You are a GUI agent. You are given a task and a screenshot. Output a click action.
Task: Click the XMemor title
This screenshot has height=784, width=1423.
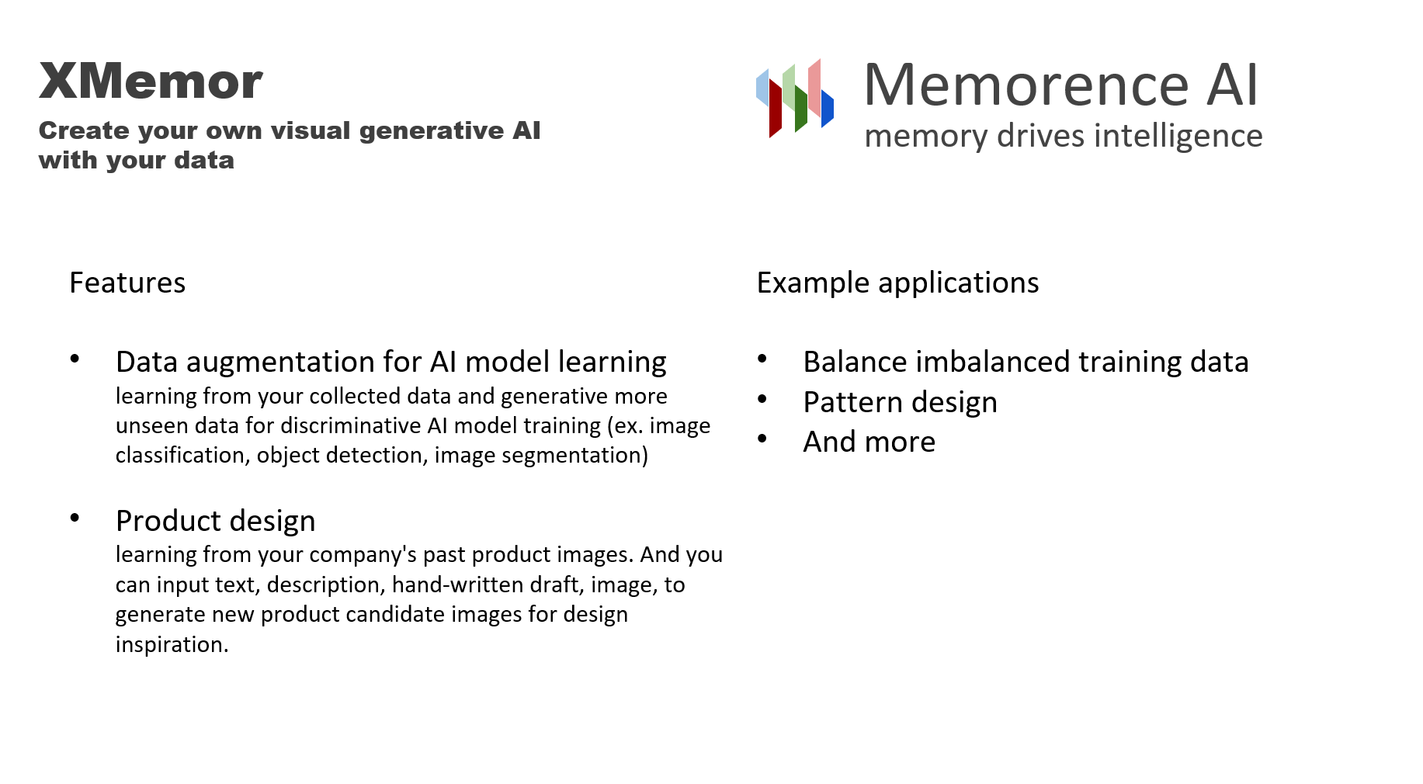[x=151, y=82]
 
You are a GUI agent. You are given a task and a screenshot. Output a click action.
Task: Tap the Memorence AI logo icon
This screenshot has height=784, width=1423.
[x=794, y=99]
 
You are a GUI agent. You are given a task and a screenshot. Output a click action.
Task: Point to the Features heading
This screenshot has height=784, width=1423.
[x=127, y=283]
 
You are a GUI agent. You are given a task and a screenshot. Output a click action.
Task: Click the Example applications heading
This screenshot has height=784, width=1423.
[x=897, y=283]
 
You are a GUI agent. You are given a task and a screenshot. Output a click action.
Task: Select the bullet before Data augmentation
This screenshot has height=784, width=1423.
[x=75, y=359]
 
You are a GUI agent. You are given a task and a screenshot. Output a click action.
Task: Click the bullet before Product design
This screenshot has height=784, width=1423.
[x=75, y=518]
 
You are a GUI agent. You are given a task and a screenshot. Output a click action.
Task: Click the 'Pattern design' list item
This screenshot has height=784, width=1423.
[x=900, y=402]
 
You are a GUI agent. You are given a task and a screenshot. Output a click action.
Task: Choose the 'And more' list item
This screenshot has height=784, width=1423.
[x=869, y=442]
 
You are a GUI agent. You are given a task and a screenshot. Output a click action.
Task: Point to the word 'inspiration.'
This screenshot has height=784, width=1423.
[x=172, y=644]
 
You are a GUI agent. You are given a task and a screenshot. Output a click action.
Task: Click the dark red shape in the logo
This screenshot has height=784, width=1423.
[x=775, y=109]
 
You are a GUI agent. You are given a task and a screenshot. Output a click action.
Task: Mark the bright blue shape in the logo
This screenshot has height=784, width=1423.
[x=828, y=109]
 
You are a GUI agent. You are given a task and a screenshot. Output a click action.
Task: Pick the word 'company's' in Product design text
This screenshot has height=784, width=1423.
[x=365, y=555]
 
